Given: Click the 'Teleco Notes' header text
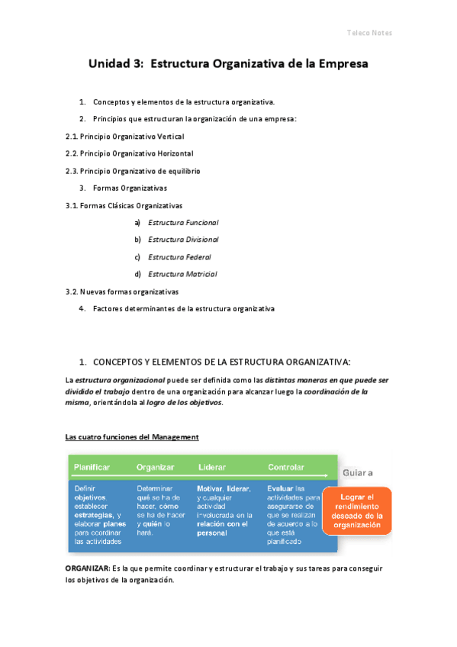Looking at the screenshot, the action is [369, 34].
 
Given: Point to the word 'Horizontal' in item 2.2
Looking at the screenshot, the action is [175, 153].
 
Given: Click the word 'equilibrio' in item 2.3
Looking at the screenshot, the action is [183, 171].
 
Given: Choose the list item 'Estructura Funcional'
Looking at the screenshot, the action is [183, 223].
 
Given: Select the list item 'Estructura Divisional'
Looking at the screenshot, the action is [183, 240].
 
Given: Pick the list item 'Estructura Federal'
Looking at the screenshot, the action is [179, 257].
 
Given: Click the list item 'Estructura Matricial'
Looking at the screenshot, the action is [182, 274].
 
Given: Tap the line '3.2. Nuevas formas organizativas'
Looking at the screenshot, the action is [122, 291].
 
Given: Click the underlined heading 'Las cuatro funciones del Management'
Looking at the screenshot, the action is [132, 437].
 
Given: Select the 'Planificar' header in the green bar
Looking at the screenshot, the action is [92, 467].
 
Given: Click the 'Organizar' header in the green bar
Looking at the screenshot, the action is [156, 467].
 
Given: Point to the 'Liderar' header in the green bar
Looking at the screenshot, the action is [211, 467].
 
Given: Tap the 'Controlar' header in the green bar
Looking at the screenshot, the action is [286, 467].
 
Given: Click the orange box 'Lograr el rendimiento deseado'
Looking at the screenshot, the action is [357, 510].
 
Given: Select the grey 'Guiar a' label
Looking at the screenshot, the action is [358, 473].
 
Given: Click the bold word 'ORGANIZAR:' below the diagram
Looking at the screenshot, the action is [87, 569].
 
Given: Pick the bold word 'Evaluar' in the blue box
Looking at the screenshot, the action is [281, 489].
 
